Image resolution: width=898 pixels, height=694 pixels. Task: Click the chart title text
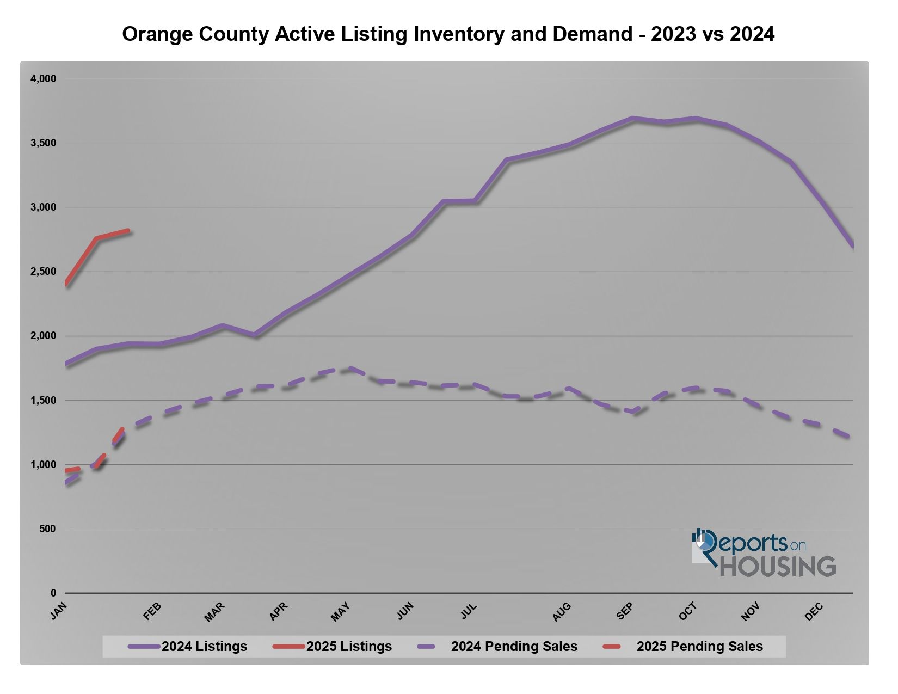tap(448, 34)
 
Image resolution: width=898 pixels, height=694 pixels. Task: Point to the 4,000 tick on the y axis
tap(43, 79)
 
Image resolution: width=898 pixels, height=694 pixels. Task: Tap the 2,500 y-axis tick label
tap(43, 272)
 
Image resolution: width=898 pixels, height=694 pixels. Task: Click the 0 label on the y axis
tap(53, 593)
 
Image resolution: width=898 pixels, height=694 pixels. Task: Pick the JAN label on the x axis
tap(58, 611)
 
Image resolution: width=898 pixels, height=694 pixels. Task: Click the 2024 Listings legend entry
tap(188, 647)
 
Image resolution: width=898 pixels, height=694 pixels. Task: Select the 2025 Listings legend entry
tap(333, 647)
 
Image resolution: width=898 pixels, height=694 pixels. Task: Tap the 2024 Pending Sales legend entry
tap(497, 647)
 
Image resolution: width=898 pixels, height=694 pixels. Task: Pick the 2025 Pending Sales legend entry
tap(684, 647)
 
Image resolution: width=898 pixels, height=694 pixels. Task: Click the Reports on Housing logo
tap(764, 554)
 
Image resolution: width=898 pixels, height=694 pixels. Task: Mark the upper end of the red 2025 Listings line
tap(128, 231)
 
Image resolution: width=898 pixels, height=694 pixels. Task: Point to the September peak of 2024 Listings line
tap(632, 118)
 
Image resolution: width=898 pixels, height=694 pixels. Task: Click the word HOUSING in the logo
tap(778, 567)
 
